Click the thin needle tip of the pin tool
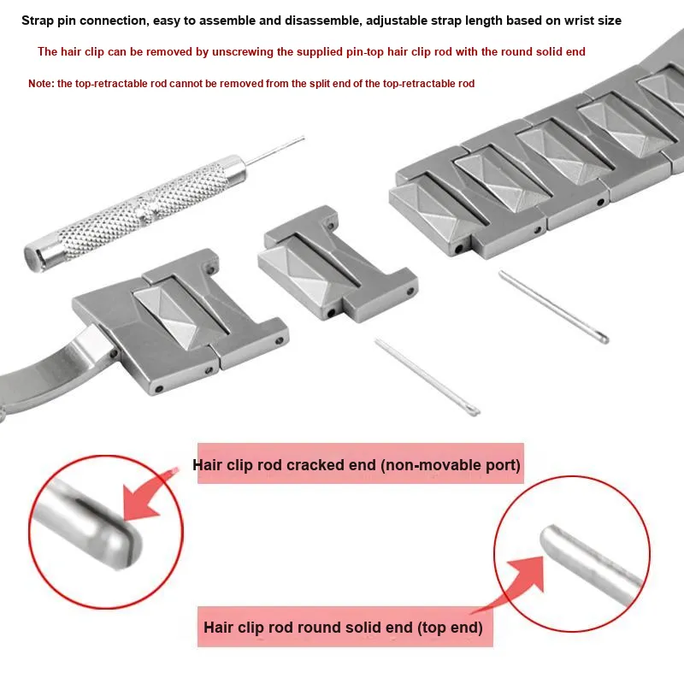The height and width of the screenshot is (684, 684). click(x=304, y=139)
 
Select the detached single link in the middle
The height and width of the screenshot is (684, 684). click(x=338, y=264)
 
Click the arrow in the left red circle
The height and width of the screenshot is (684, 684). click(x=148, y=498)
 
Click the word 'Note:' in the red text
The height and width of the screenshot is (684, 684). click(x=41, y=83)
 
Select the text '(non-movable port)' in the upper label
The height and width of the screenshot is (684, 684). click(x=451, y=465)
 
